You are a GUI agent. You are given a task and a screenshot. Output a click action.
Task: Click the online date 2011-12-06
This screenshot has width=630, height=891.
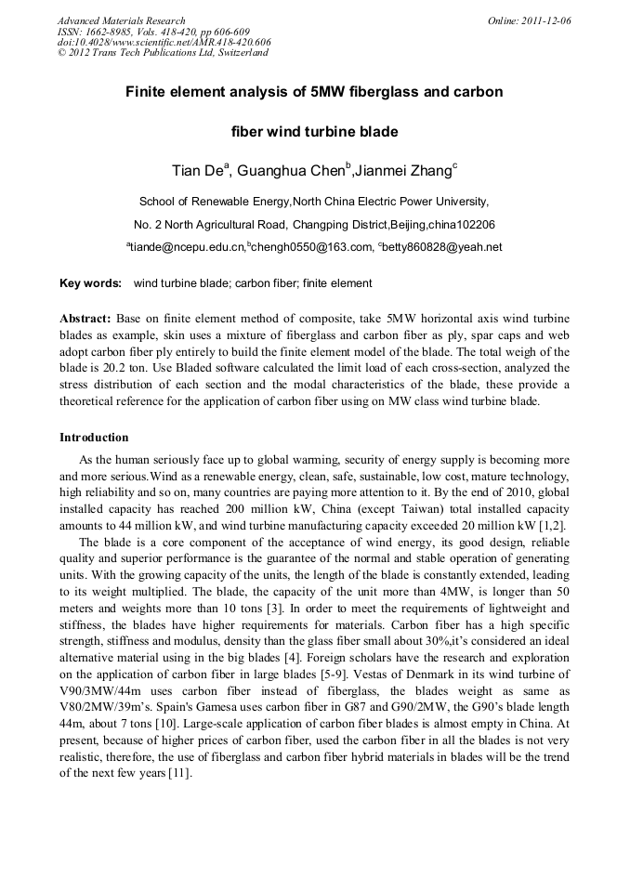(x=546, y=20)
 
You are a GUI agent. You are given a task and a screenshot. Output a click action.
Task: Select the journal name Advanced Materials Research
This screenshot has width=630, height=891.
(x=121, y=20)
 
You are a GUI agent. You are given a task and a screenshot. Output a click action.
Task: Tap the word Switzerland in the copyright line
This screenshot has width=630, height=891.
(x=239, y=53)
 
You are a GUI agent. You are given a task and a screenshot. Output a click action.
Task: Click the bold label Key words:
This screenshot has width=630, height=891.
(x=90, y=283)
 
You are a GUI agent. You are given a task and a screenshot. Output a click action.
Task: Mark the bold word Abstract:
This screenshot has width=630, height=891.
(x=85, y=318)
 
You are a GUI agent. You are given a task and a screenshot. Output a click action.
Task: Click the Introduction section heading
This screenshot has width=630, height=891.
(x=94, y=437)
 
